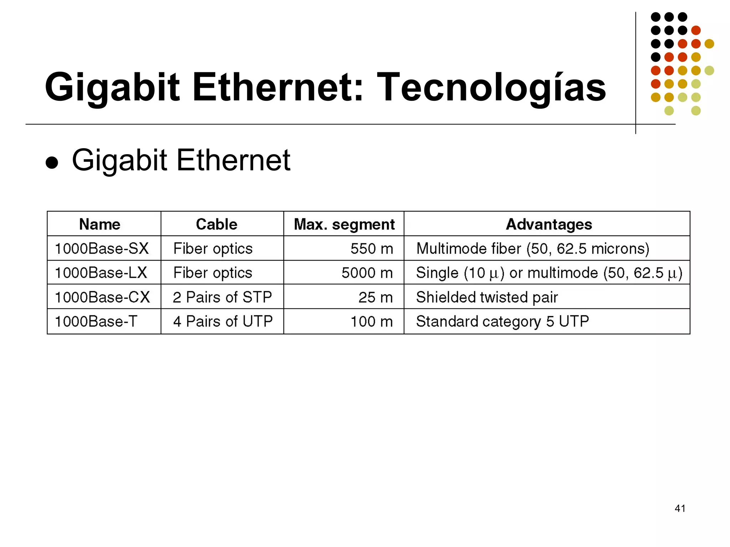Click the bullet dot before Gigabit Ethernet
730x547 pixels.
click(x=52, y=162)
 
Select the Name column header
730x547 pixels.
click(x=100, y=224)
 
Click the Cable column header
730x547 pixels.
click(x=217, y=224)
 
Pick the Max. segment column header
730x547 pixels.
click(x=344, y=224)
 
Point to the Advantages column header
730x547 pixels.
click(x=549, y=224)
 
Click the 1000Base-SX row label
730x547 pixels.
click(x=102, y=249)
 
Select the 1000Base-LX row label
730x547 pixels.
click(x=101, y=273)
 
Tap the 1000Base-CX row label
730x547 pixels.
click(x=102, y=297)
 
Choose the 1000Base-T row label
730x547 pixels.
click(x=96, y=321)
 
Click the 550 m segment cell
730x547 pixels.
click(x=371, y=249)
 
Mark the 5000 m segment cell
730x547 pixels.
click(x=367, y=273)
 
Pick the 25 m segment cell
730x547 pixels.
click(x=375, y=297)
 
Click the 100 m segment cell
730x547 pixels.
click(x=371, y=321)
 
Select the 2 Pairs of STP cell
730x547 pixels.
click(x=222, y=297)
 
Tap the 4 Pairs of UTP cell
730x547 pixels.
click(x=223, y=321)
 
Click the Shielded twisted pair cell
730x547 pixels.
click(x=487, y=297)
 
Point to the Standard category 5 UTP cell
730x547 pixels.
click(x=502, y=321)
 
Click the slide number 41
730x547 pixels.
click(x=680, y=508)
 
